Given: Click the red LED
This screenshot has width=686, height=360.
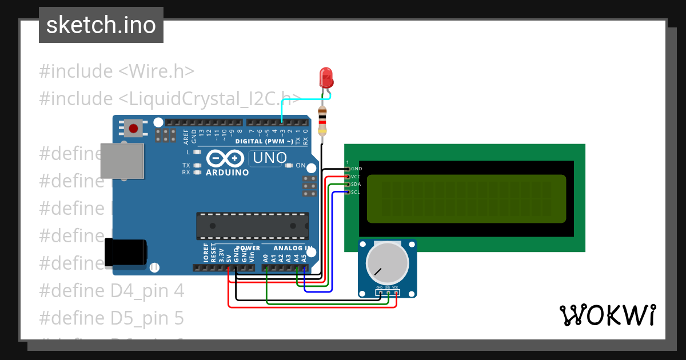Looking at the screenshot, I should coord(326,78).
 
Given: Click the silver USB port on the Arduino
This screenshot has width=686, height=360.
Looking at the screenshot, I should coord(122,161).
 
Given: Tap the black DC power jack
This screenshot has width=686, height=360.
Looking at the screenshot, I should coord(126,252).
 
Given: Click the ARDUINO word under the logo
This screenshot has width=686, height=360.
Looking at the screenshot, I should coord(227,172).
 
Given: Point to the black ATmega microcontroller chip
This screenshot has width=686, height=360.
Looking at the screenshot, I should coord(252,226).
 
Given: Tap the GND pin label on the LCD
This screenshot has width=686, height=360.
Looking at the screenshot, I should coord(356,169).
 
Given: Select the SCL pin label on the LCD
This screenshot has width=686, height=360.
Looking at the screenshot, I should coord(356,193).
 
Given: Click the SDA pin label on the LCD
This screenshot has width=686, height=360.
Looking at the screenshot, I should coord(356,185).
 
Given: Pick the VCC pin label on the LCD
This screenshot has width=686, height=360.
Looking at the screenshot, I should coord(356,177).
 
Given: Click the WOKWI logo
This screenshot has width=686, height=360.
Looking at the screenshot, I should coord(608,315).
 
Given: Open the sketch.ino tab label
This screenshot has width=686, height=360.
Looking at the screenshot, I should coord(101,25).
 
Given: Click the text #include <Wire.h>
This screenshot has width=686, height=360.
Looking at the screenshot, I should coord(117,71).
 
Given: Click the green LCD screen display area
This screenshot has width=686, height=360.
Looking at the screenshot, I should coord(466,198).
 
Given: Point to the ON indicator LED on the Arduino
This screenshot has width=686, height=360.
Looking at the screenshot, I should coord(290,166).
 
